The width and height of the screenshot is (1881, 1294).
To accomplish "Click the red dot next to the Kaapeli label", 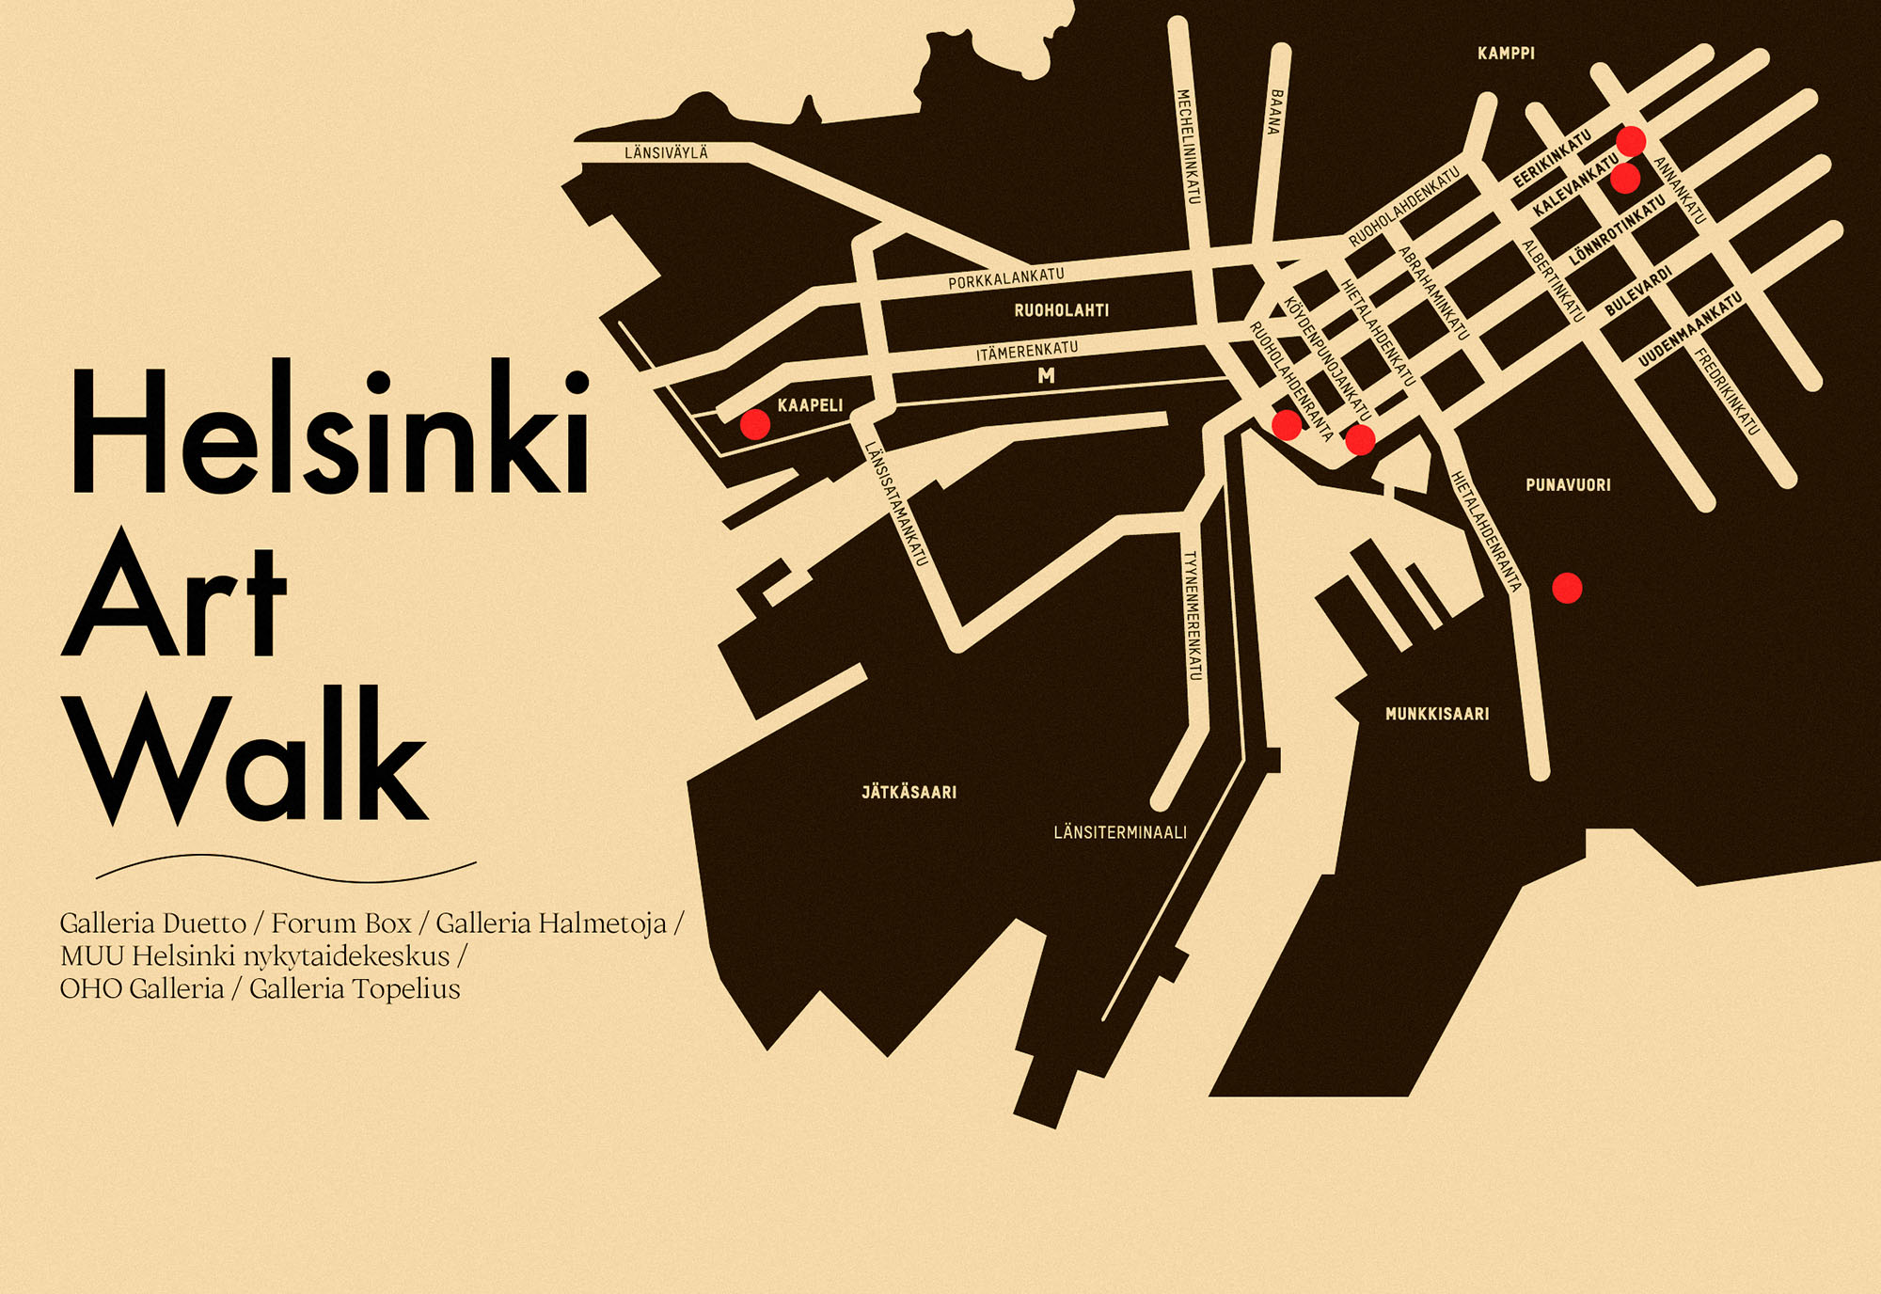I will coord(754,424).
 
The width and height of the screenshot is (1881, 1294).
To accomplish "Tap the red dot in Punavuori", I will coord(1566,588).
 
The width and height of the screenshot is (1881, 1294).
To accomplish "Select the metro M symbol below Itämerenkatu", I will coord(1046,375).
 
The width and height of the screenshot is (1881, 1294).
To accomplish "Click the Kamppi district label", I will coord(1506,54).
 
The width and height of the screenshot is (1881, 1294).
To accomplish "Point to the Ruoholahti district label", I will coord(1061,310).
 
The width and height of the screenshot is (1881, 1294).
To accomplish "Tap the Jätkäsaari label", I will coord(909,792).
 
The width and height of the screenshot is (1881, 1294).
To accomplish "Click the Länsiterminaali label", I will coord(1120,832).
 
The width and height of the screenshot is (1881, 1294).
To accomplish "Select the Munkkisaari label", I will coord(1437,714).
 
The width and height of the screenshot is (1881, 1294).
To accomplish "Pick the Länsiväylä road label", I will coord(666,152).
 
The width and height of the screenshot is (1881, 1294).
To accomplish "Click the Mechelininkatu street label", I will coord(1188,146).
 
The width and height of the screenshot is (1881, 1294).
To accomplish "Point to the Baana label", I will coord(1275,111).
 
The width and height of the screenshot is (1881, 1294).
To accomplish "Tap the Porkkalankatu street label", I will coord(1005,278).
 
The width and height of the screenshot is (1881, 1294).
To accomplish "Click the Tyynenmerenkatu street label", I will coord(1192,615).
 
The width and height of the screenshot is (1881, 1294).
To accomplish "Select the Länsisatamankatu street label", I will coord(896,503).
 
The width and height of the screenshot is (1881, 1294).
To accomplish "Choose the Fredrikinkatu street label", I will coord(1726,391).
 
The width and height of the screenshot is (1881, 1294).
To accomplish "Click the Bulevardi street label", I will coord(1638,291).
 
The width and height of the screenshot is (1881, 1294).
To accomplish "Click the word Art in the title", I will coord(174,592).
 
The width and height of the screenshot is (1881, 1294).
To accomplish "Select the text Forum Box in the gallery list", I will coord(341,923).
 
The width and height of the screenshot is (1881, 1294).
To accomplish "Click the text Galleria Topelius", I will coord(355,989).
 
